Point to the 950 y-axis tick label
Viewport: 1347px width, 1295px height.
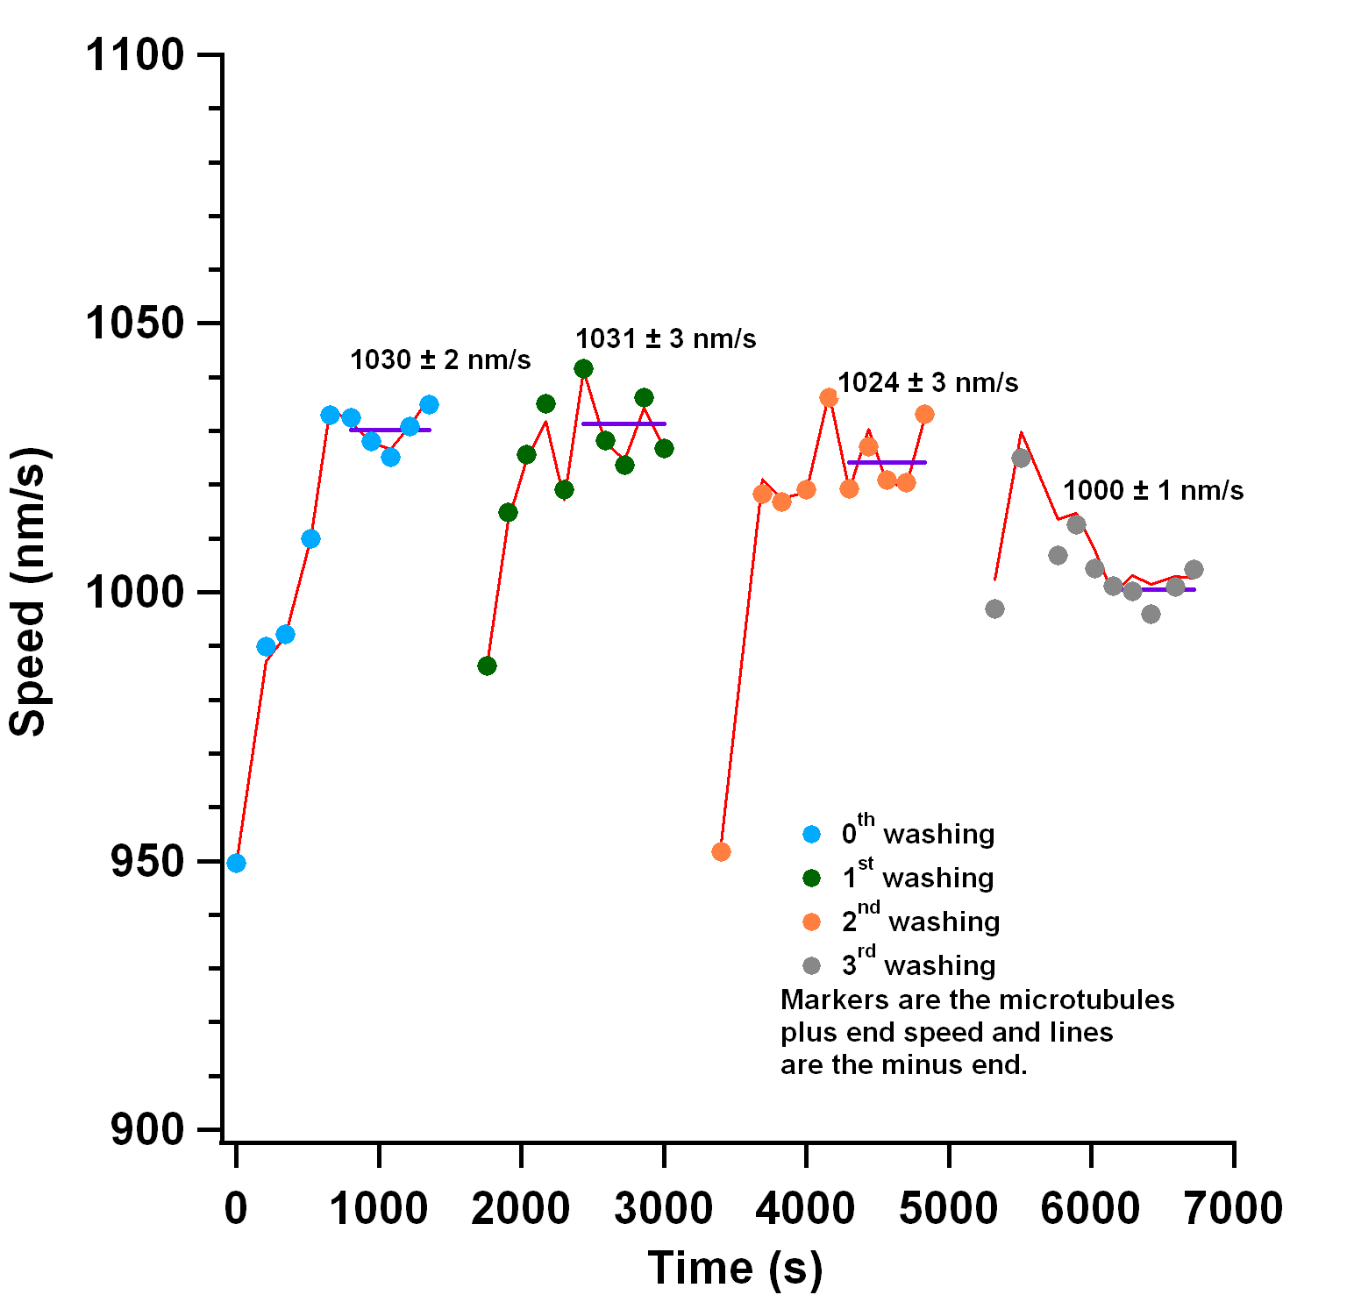point(147,862)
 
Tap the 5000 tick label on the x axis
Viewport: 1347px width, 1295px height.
point(948,1208)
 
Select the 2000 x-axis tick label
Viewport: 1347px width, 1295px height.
point(520,1208)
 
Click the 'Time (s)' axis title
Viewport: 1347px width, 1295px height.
point(735,1268)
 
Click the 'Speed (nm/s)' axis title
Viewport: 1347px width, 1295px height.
point(28,592)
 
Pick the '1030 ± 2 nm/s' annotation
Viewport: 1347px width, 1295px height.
point(440,359)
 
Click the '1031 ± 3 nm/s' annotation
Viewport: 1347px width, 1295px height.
point(666,338)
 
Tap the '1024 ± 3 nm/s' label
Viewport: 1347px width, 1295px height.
point(928,382)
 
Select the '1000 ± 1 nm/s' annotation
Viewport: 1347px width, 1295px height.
point(1153,490)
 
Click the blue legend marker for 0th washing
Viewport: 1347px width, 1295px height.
point(812,834)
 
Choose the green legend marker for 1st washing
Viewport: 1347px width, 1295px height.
point(812,878)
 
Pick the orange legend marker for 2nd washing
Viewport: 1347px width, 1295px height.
point(812,921)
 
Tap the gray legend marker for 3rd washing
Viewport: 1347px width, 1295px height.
point(812,965)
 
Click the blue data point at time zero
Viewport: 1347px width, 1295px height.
point(236,863)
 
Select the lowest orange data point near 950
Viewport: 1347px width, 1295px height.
point(721,851)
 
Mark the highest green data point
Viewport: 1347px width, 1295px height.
point(583,368)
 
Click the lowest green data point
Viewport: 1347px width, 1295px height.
point(487,665)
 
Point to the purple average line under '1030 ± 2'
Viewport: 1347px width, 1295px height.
point(390,430)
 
